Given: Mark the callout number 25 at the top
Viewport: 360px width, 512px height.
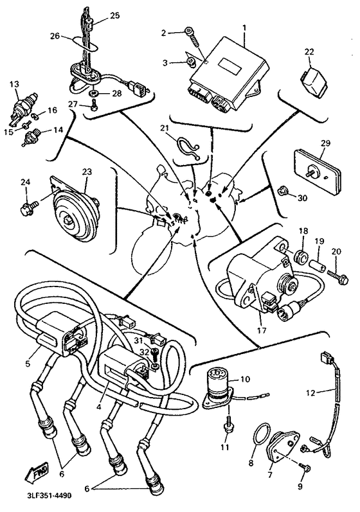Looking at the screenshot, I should (114, 14).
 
